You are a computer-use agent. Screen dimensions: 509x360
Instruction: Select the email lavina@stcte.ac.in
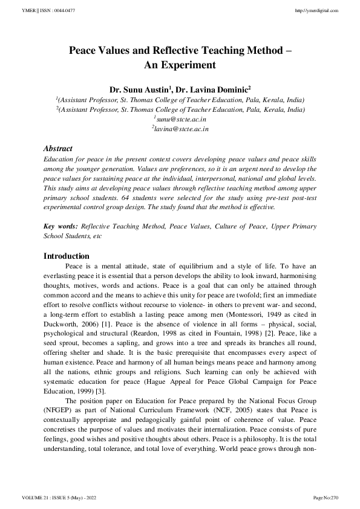180,129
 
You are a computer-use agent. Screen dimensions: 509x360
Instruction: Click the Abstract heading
58,149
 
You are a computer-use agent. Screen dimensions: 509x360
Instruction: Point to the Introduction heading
67,256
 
